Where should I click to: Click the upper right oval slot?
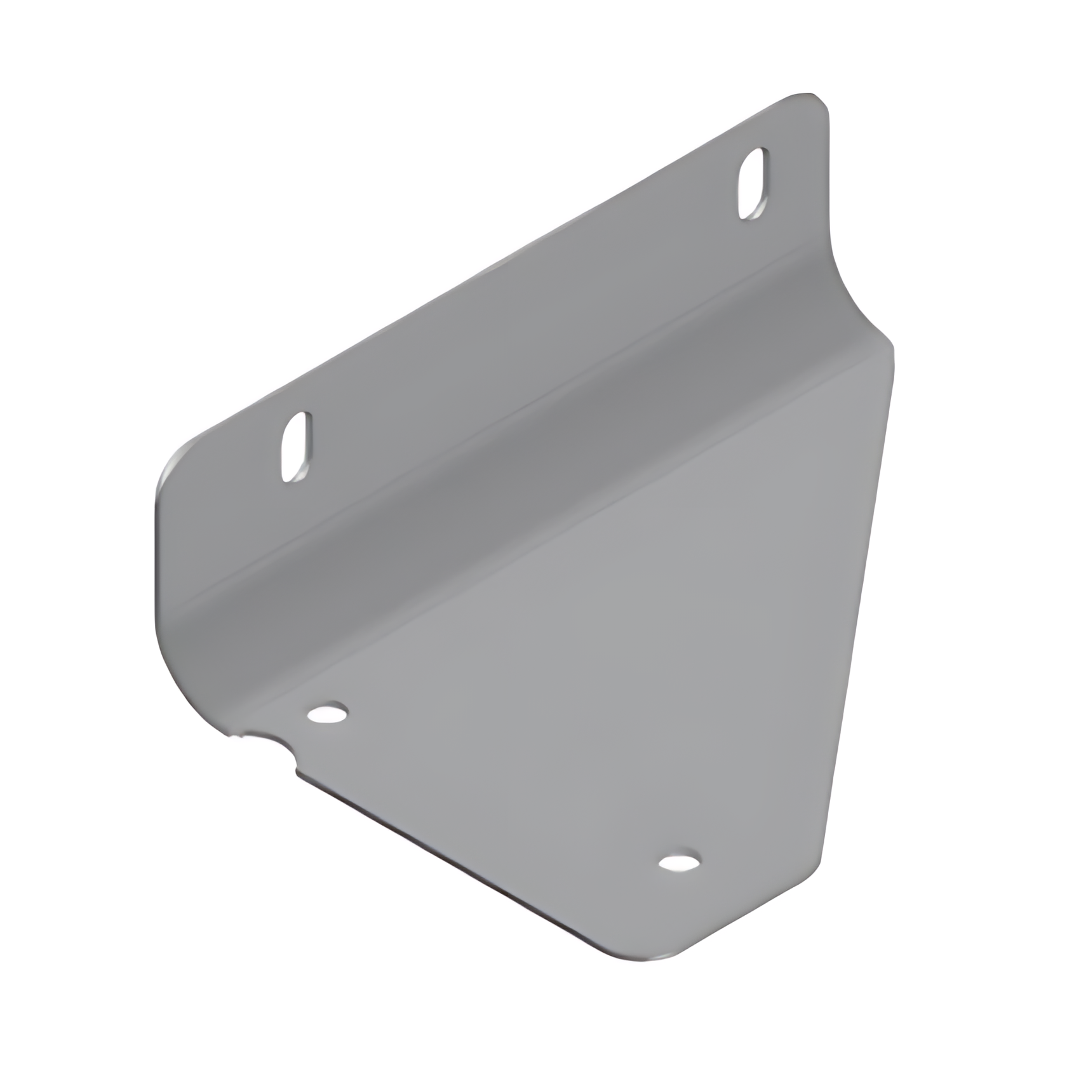click(753, 184)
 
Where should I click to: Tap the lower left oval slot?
click(296, 446)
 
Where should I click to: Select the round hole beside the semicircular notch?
click(328, 713)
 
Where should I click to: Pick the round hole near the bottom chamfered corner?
click(680, 862)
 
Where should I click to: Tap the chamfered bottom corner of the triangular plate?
click(661, 953)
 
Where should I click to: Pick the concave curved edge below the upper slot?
click(837, 273)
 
